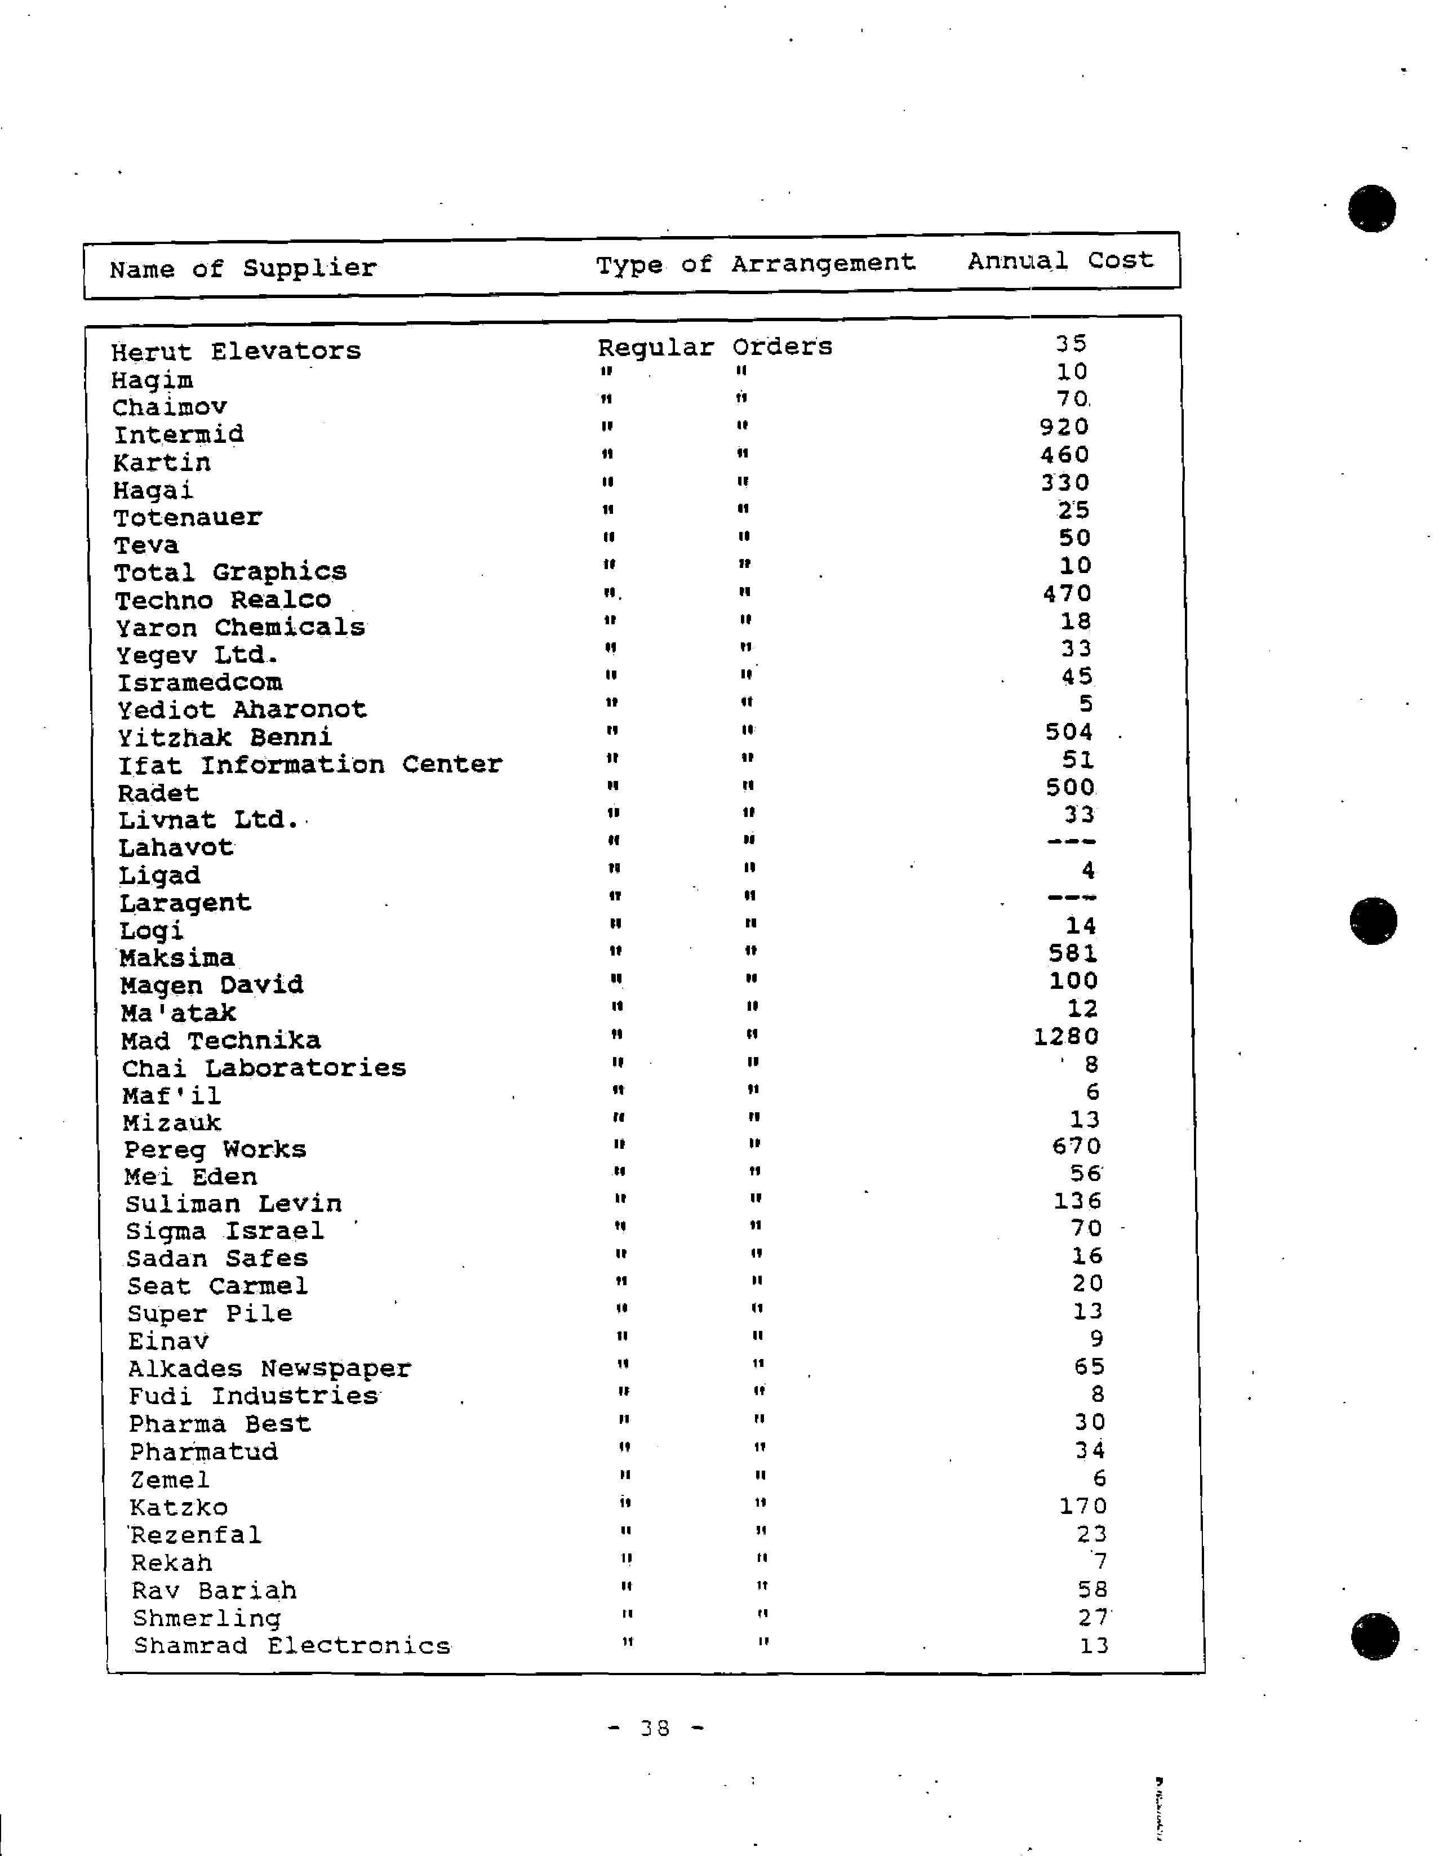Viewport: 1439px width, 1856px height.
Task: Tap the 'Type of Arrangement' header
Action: point(755,264)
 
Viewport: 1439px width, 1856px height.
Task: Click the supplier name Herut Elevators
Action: point(236,351)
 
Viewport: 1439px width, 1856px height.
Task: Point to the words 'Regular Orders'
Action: point(715,347)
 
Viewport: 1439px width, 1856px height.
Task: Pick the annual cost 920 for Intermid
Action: point(1064,427)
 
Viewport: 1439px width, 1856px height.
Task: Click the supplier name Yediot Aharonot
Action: point(242,709)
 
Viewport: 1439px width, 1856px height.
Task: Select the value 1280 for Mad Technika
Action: point(1066,1037)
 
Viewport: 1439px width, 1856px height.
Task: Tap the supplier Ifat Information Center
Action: point(310,765)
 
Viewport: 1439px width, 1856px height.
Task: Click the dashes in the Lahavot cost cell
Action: point(1071,842)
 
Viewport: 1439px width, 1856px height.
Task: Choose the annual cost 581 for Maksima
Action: point(1073,953)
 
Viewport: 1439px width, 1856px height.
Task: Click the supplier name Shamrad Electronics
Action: point(291,1646)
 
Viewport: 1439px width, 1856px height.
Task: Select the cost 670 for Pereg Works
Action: point(1076,1147)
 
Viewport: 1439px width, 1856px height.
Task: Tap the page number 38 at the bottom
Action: point(655,1728)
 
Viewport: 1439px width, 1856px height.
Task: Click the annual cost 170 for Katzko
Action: point(1083,1507)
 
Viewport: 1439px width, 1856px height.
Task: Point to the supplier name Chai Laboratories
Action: point(264,1068)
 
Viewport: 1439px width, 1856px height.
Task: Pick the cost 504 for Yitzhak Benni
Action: point(1068,732)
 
